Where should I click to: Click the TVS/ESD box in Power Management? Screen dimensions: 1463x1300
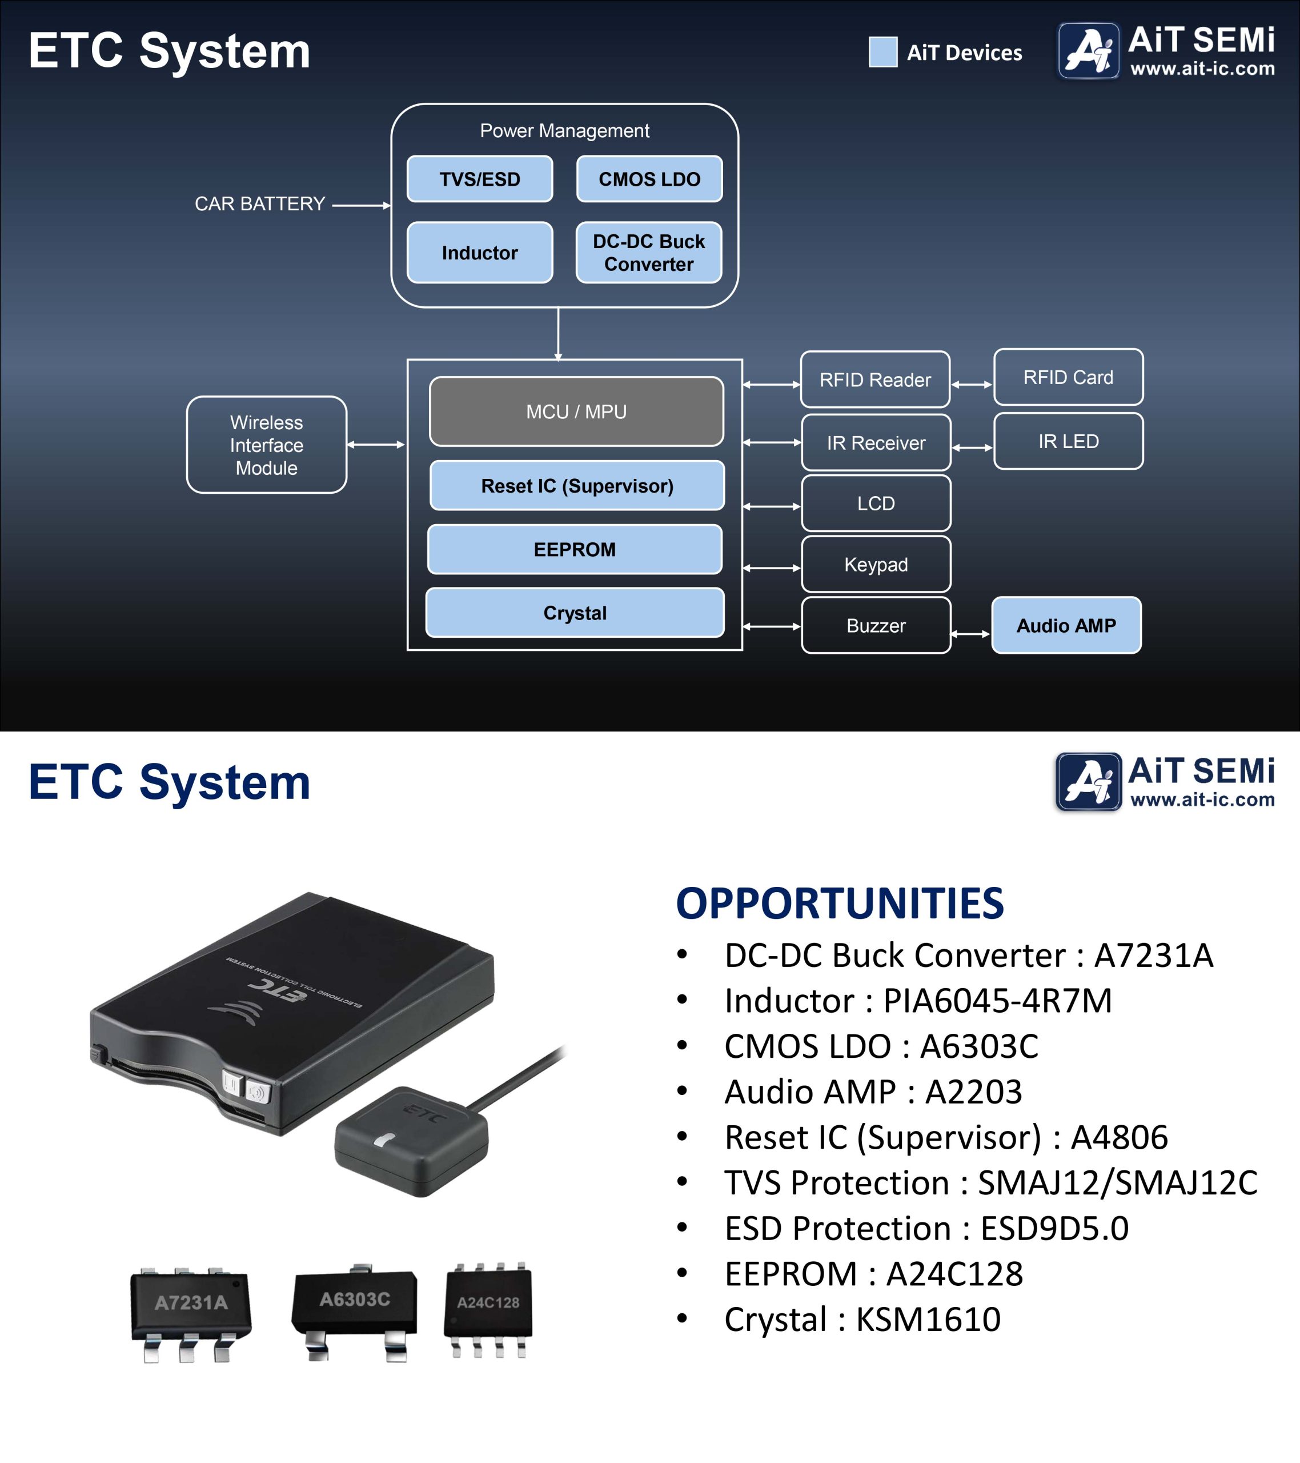(479, 179)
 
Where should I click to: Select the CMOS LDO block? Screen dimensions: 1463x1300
(649, 179)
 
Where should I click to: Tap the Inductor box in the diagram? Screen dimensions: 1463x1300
(479, 253)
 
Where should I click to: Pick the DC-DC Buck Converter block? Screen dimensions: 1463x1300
(648, 253)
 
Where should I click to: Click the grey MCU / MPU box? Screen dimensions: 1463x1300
(576, 411)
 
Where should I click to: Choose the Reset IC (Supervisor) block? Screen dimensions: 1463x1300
(577, 486)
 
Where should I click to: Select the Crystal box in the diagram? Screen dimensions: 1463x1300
(575, 613)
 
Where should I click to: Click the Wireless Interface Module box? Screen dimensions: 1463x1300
(266, 445)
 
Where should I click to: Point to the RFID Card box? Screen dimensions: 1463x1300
(1068, 377)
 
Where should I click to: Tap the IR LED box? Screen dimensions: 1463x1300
(1068, 441)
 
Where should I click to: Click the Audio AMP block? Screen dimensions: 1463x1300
(1066, 626)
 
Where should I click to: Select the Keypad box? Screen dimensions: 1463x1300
(876, 564)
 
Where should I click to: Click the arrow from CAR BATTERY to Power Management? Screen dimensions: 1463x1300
(362, 205)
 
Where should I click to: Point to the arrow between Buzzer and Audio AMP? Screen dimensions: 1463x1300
(971, 633)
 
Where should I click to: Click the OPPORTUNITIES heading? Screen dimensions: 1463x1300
(840, 904)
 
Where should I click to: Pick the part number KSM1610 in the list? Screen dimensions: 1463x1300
(928, 1319)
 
